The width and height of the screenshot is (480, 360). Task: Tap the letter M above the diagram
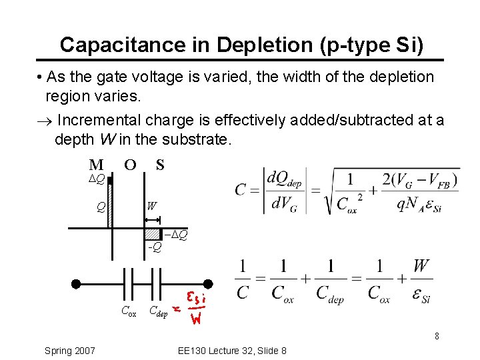tap(96, 164)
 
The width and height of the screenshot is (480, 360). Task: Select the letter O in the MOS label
tap(131, 164)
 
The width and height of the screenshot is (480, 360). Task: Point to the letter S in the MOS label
tap(160, 164)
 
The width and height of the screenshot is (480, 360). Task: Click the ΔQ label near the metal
tap(97, 179)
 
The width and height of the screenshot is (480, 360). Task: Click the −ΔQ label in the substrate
tap(177, 235)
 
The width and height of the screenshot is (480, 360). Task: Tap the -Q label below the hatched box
tap(154, 247)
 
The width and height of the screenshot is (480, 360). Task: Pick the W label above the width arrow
tap(151, 207)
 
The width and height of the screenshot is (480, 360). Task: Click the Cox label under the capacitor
tap(129, 310)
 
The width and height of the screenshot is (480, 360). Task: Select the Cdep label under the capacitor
tap(158, 311)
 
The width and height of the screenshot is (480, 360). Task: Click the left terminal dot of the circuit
tap(77, 283)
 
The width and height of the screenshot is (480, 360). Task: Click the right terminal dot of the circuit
tap(208, 283)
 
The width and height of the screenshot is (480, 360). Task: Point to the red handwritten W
tap(196, 319)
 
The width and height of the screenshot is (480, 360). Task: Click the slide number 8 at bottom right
tap(437, 336)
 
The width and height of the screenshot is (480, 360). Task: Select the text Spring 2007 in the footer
tap(69, 351)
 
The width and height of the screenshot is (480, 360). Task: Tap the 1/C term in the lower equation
tap(243, 281)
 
